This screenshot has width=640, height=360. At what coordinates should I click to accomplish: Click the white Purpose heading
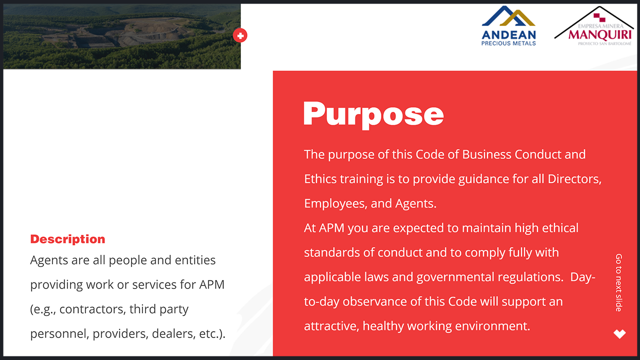pyautogui.click(x=373, y=115)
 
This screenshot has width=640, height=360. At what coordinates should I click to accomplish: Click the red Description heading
pyautogui.click(x=67, y=239)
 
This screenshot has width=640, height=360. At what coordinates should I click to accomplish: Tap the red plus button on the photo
pyautogui.click(x=240, y=35)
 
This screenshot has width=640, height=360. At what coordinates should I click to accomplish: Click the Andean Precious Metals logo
pyautogui.click(x=508, y=26)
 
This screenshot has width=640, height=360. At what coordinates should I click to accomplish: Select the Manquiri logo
pyautogui.click(x=594, y=26)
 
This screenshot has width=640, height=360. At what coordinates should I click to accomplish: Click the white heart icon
pyautogui.click(x=619, y=333)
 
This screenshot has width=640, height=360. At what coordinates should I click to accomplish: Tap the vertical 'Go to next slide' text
pyautogui.click(x=618, y=282)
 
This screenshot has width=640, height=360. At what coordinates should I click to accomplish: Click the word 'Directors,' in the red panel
pyautogui.click(x=574, y=179)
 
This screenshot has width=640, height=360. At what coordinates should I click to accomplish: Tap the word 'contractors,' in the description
pyautogui.click(x=92, y=309)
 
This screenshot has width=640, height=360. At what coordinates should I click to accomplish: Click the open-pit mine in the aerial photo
pyautogui.click(x=134, y=31)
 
